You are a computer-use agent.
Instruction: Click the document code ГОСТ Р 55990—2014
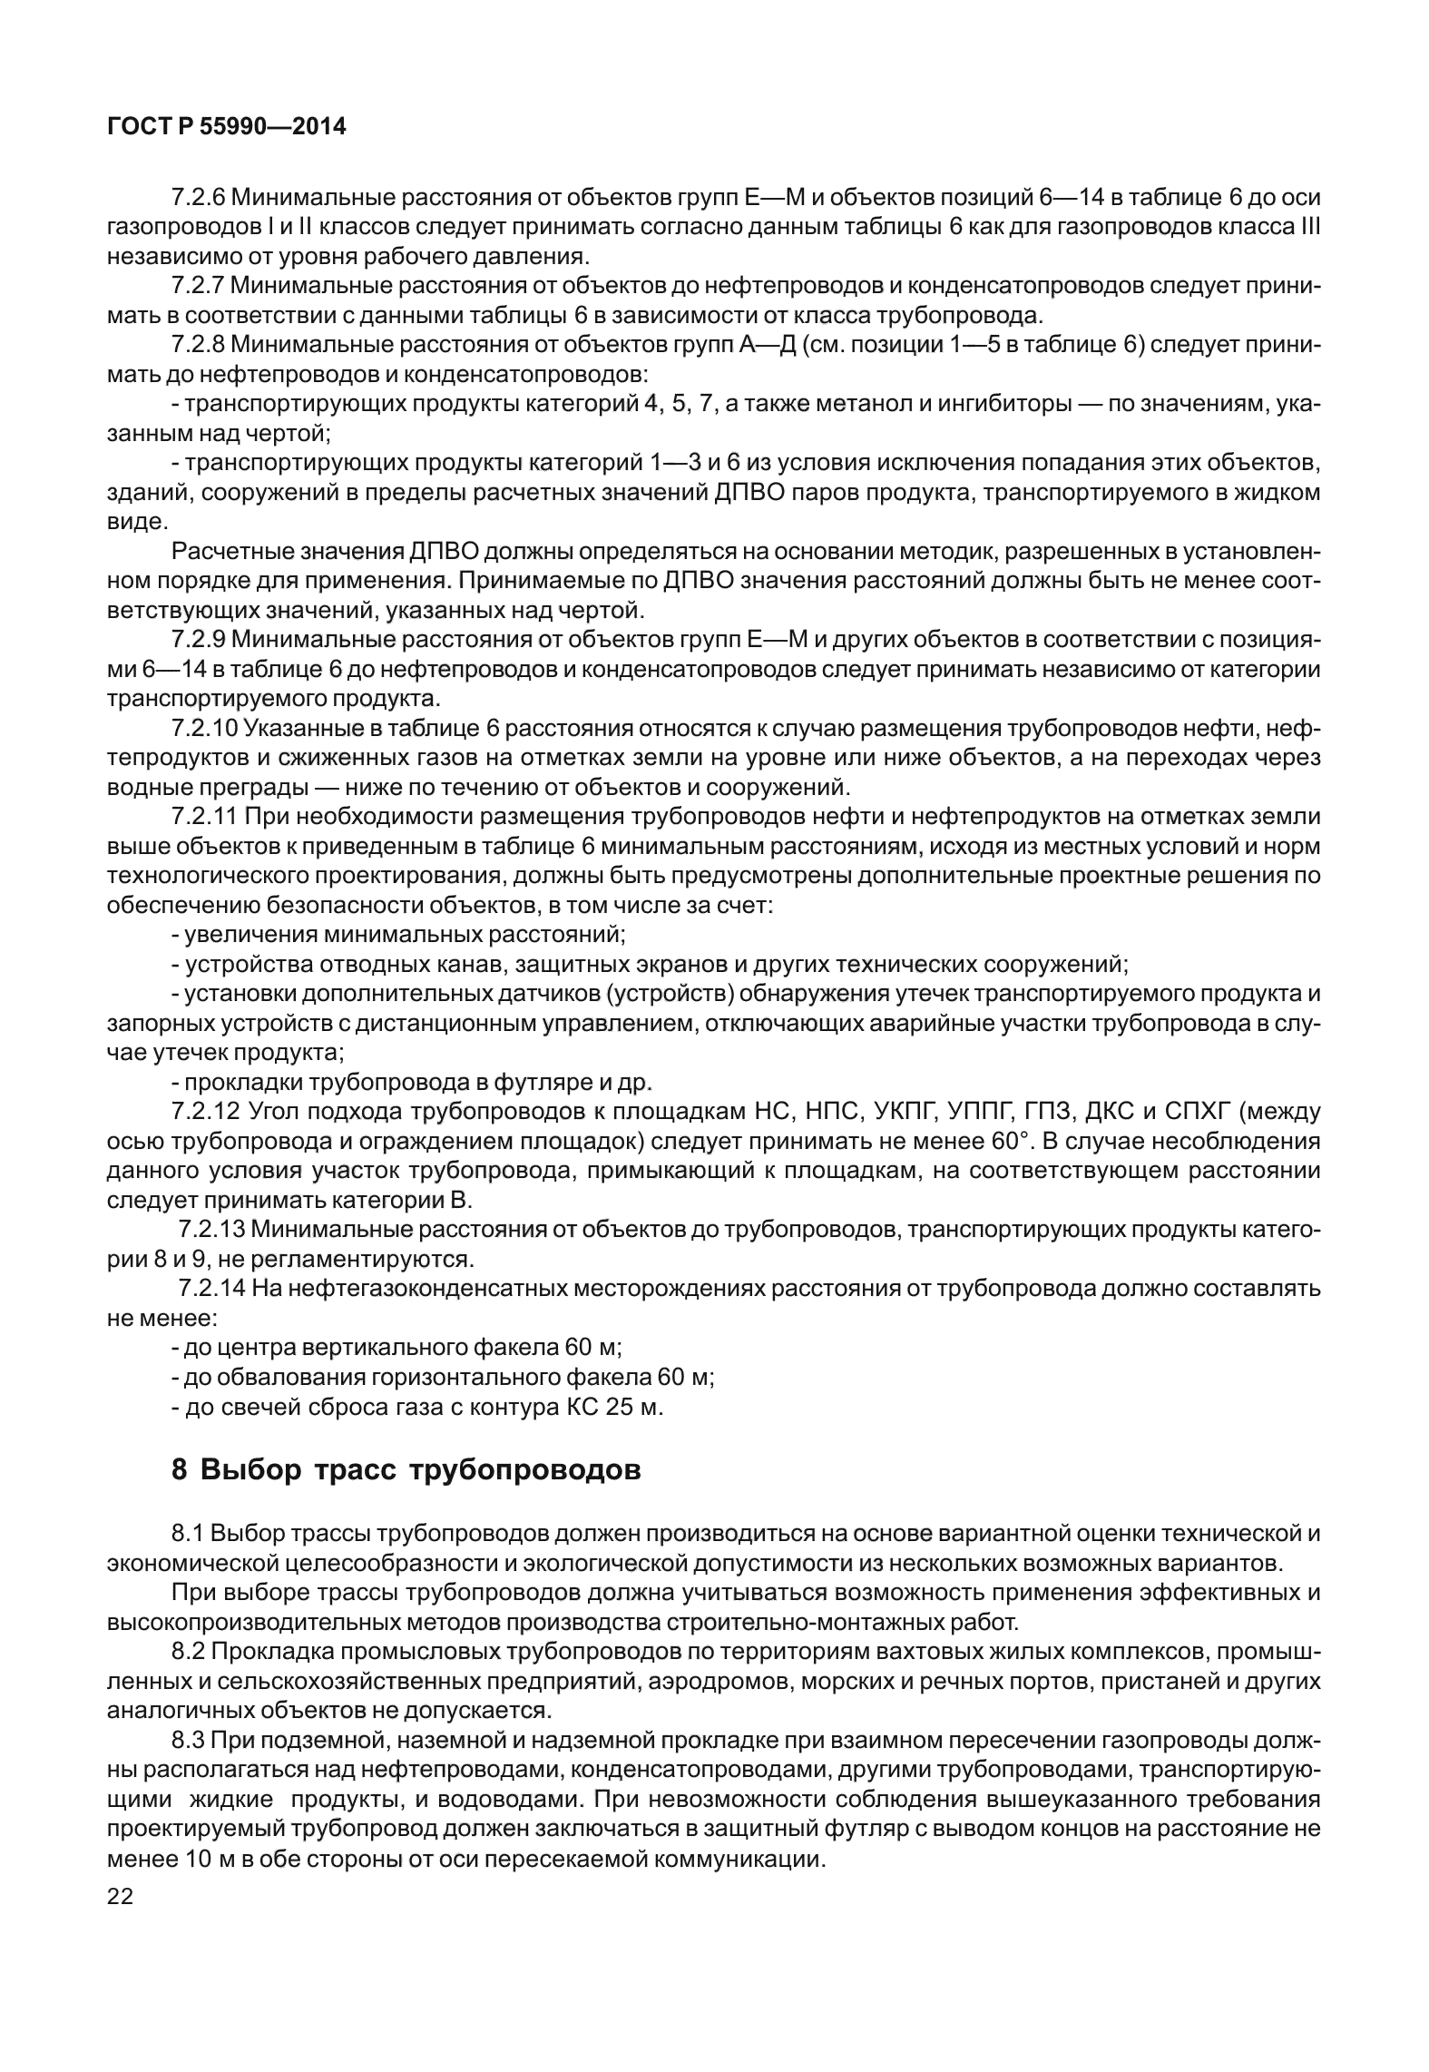(227, 127)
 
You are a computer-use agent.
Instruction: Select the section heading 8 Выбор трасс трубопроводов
(406, 1469)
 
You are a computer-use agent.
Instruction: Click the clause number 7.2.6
(198, 196)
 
